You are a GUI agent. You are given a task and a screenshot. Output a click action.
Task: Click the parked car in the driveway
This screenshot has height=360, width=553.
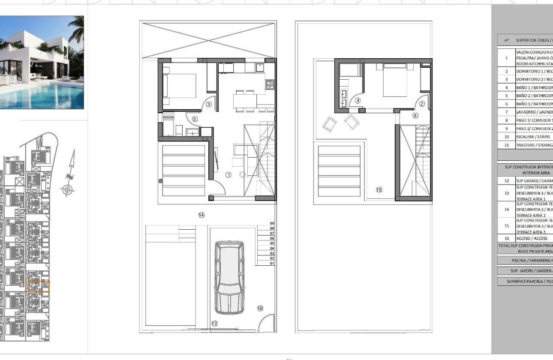229,278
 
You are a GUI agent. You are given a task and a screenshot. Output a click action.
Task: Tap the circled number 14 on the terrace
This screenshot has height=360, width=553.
201,215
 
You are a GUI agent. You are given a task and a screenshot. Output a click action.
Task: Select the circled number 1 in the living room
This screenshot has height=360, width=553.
228,174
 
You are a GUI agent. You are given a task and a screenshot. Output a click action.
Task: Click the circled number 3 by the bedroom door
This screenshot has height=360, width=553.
209,104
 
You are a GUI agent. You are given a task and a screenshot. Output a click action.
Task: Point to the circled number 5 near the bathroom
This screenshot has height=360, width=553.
194,119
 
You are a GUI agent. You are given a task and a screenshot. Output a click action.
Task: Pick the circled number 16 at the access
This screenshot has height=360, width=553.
260,308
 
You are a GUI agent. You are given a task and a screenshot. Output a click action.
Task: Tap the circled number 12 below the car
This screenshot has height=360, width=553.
214,324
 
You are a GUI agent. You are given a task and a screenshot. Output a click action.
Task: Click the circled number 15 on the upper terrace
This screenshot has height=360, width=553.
379,189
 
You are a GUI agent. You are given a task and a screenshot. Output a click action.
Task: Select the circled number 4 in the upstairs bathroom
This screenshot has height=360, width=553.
358,101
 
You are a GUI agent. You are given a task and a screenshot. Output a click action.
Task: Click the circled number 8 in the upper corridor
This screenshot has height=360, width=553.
415,115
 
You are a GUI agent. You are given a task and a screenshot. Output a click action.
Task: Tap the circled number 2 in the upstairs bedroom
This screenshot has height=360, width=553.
422,104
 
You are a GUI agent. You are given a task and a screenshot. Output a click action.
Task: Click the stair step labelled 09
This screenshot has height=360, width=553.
271,223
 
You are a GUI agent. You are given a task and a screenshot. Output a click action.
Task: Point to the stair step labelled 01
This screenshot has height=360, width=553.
271,264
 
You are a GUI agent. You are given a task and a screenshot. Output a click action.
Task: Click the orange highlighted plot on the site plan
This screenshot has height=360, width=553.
38,286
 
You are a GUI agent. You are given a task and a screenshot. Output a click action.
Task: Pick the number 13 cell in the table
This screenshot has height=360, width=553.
506,193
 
